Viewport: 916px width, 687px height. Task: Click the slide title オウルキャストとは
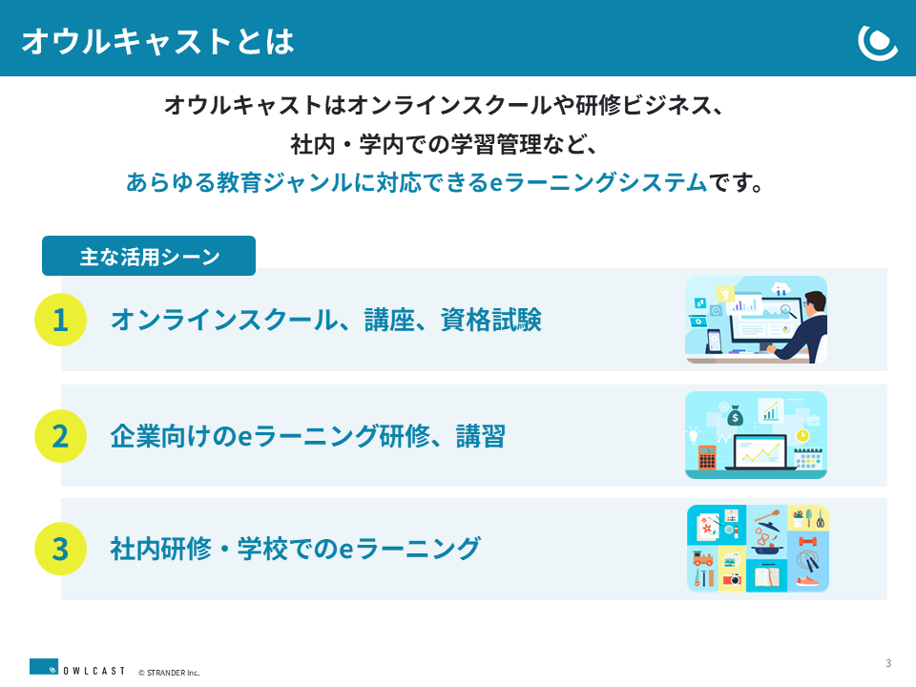click(x=157, y=41)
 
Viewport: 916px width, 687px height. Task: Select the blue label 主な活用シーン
click(x=149, y=256)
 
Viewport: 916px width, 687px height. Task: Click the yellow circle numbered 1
click(x=61, y=320)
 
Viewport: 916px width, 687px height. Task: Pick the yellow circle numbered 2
click(x=61, y=436)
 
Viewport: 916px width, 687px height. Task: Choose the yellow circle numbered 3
click(x=61, y=549)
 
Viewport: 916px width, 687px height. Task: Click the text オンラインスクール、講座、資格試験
click(x=326, y=320)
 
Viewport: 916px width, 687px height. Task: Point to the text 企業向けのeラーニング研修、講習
click(x=308, y=436)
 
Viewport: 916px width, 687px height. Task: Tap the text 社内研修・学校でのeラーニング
click(x=296, y=549)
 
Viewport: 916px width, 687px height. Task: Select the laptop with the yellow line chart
click(x=760, y=452)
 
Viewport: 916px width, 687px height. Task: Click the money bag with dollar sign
click(x=735, y=416)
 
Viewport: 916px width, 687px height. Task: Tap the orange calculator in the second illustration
click(x=707, y=457)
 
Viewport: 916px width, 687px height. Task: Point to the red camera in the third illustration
click(x=732, y=579)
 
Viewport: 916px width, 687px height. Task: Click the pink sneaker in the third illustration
click(x=807, y=581)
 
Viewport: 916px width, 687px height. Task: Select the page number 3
click(x=888, y=663)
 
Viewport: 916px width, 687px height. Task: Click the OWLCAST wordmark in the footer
click(x=94, y=671)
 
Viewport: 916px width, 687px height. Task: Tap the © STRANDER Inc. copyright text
click(x=169, y=673)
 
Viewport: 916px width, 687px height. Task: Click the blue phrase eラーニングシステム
click(x=598, y=183)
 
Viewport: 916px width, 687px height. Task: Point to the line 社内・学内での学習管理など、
click(x=444, y=144)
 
